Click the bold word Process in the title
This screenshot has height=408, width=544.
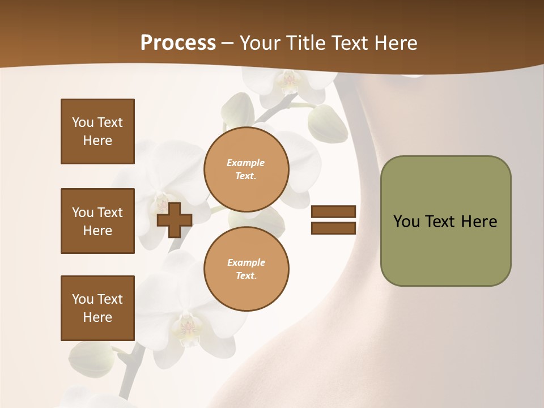click(178, 43)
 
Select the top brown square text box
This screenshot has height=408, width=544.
click(97, 131)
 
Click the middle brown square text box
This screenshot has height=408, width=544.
click(97, 221)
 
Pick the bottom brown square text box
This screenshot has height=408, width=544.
click(97, 308)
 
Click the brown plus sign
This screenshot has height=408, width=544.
click(175, 220)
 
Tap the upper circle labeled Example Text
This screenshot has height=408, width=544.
click(246, 169)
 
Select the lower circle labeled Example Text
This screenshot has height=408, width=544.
click(246, 269)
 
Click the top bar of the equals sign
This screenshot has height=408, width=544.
click(333, 212)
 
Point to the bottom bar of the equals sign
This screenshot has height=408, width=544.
click(333, 228)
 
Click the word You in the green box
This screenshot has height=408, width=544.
click(406, 222)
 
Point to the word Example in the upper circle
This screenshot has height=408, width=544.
click(246, 163)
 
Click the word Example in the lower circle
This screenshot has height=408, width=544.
click(246, 262)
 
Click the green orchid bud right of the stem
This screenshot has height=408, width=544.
click(328, 124)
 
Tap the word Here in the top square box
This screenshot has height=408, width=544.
click(97, 141)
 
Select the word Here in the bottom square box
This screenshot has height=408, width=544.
click(97, 317)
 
